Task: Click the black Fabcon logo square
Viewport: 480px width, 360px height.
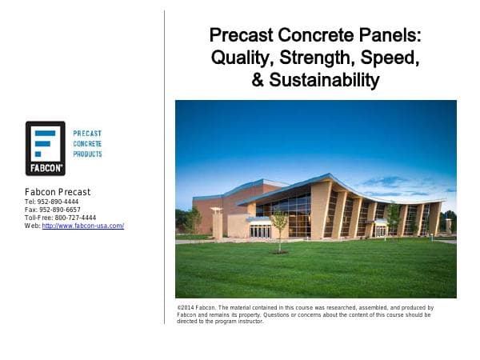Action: pos(45,148)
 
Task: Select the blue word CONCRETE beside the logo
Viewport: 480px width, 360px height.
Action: pos(87,143)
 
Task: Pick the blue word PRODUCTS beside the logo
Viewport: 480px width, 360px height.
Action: pos(87,154)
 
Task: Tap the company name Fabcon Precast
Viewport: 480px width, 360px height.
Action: pos(58,192)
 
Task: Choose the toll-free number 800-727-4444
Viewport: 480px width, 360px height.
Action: pos(71,218)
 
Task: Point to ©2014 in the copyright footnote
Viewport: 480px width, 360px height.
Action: pos(186,307)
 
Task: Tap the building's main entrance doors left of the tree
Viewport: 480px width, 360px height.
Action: pos(260,231)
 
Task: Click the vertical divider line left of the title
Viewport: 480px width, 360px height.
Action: pos(164,160)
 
